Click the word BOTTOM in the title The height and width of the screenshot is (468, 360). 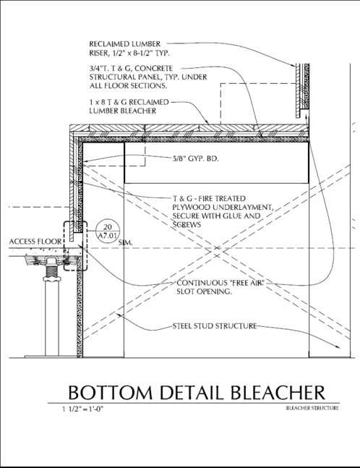(111, 393)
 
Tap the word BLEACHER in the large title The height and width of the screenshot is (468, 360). (278, 393)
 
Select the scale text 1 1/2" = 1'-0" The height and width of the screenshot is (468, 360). (82, 409)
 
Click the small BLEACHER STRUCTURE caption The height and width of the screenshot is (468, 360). (312, 408)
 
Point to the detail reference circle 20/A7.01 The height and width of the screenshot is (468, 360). (107, 232)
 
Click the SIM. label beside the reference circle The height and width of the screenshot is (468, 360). (126, 243)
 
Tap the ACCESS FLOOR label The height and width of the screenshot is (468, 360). (35, 242)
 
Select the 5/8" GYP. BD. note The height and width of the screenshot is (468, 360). (196, 159)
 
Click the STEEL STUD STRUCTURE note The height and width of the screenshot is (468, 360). (215, 326)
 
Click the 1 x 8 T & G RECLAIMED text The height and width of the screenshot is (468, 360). (129, 103)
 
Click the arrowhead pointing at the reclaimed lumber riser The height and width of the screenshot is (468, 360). (293, 64)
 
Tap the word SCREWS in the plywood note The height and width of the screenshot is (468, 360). (187, 224)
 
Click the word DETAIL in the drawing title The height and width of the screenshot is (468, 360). (192, 393)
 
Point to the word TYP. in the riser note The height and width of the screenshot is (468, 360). (163, 54)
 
